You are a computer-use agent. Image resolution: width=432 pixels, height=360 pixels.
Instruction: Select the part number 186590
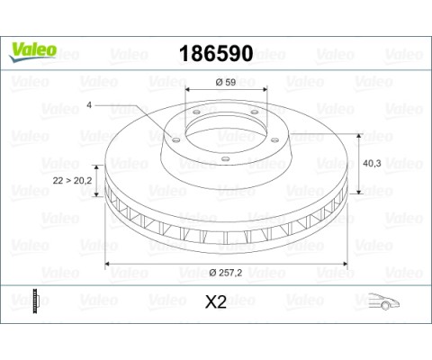(216, 52)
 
